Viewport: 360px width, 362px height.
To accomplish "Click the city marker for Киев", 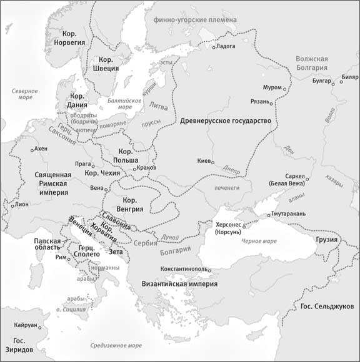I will point(212,160).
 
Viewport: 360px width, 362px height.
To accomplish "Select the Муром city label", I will point(272,87).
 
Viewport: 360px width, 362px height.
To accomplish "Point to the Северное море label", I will point(25,95).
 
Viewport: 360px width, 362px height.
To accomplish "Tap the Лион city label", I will point(22,204).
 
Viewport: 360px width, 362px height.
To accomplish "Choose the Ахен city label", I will point(41,149).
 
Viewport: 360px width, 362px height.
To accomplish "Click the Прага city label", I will point(83,164).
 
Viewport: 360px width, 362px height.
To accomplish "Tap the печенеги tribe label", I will point(226,187).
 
